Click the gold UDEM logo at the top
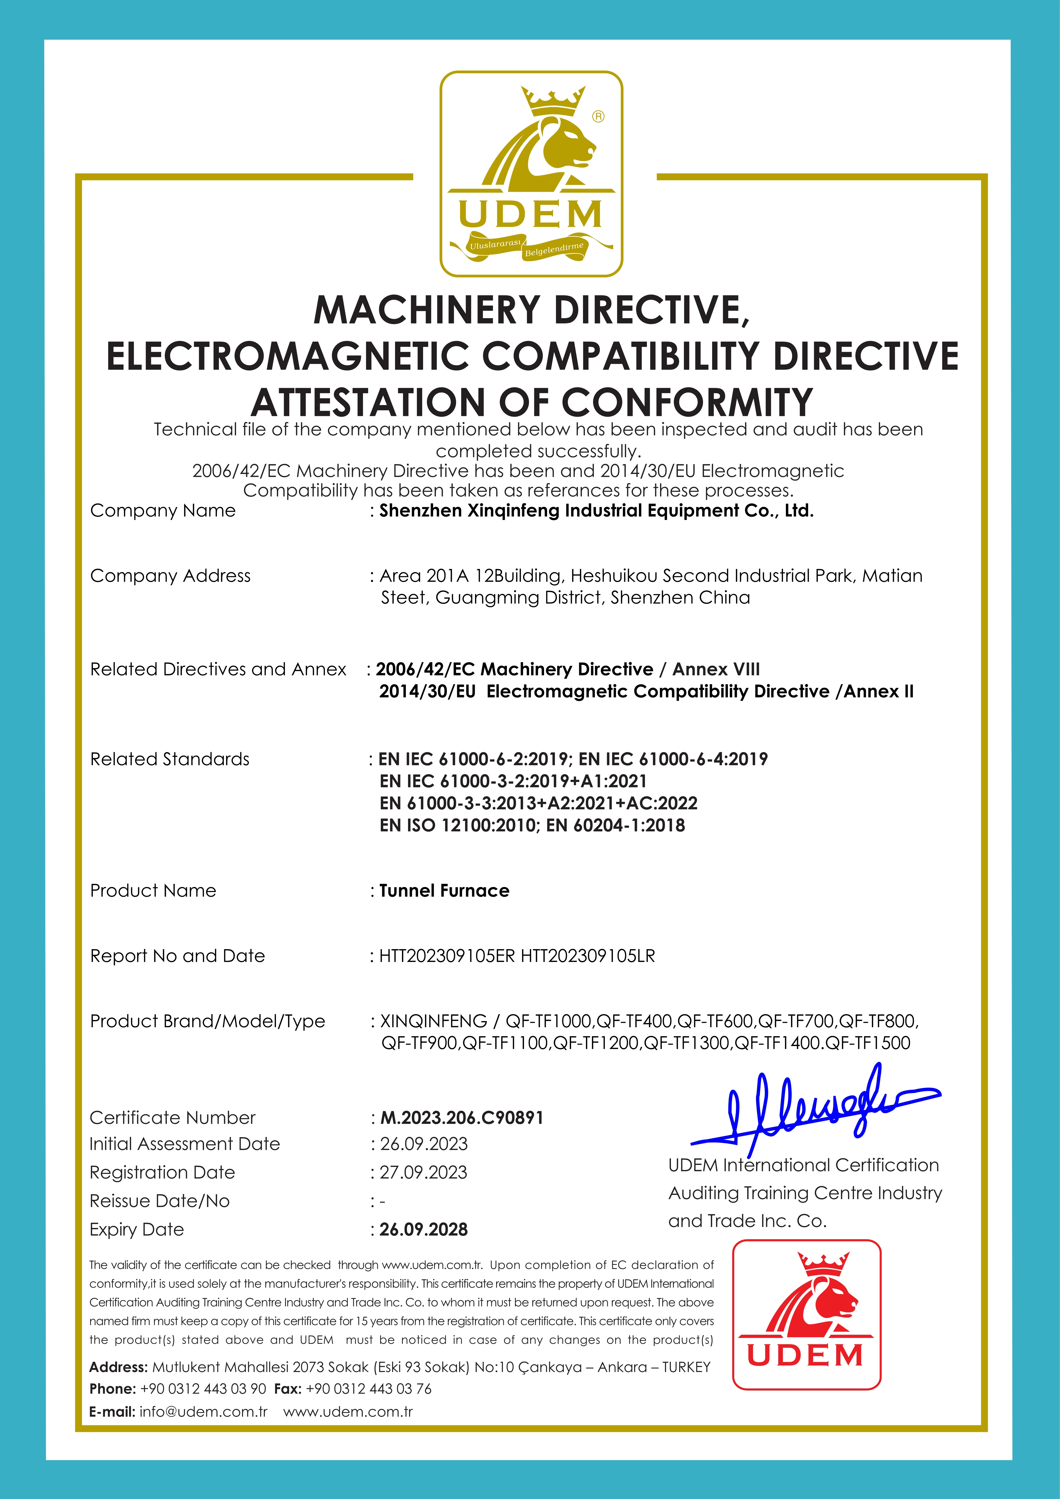[x=531, y=174]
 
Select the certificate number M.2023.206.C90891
[x=461, y=1118]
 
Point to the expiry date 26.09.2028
[x=424, y=1229]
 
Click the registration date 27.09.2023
[x=424, y=1173]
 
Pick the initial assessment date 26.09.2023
[x=424, y=1144]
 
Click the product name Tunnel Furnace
[x=444, y=891]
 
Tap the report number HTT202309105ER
[x=447, y=956]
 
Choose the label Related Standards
[x=170, y=759]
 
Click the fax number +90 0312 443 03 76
[x=369, y=1389]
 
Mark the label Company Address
[x=170, y=576]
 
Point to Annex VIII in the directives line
[x=716, y=669]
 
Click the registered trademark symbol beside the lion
[x=598, y=116]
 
